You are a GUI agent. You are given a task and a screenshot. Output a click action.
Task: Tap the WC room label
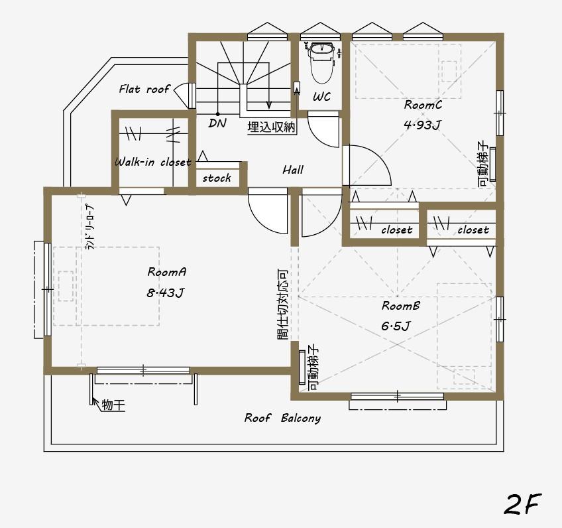321,97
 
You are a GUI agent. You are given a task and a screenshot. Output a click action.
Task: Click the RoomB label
400,306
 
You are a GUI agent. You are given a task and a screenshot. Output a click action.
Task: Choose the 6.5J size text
396,326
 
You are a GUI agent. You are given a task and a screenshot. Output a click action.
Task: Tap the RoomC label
423,105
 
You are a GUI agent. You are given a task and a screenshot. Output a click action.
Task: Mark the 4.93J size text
421,125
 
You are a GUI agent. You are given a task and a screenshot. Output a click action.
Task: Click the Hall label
293,170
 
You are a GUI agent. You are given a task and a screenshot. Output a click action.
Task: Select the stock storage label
217,178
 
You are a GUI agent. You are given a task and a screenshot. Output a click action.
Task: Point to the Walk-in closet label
152,162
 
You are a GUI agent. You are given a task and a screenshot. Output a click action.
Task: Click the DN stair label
217,123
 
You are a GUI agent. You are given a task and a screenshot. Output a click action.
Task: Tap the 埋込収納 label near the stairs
271,127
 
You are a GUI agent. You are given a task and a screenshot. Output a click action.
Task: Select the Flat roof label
144,88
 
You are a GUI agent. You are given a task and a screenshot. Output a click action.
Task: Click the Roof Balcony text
282,418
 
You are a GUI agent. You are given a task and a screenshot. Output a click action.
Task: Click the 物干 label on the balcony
113,404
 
